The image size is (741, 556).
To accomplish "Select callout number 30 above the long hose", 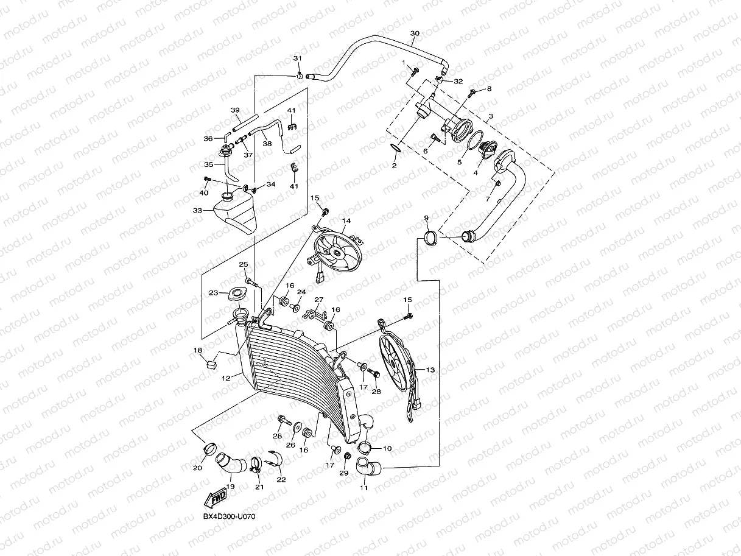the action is tap(415, 33).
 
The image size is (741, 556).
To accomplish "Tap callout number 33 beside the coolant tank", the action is tap(197, 211).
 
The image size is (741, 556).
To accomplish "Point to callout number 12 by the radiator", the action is tap(226, 378).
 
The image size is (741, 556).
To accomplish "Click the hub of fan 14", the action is tap(337, 252).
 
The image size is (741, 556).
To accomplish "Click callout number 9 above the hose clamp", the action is tap(426, 219).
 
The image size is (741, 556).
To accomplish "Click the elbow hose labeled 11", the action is tap(368, 468).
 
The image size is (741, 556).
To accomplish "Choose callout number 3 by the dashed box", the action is tap(491, 116).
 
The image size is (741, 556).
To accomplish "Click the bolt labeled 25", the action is tap(251, 283).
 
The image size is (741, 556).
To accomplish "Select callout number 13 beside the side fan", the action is tap(430, 370).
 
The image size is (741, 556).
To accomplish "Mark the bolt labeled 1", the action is tap(414, 71).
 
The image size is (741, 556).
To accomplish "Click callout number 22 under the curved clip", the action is tap(281, 480).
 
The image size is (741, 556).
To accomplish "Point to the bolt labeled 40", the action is tap(207, 178).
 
